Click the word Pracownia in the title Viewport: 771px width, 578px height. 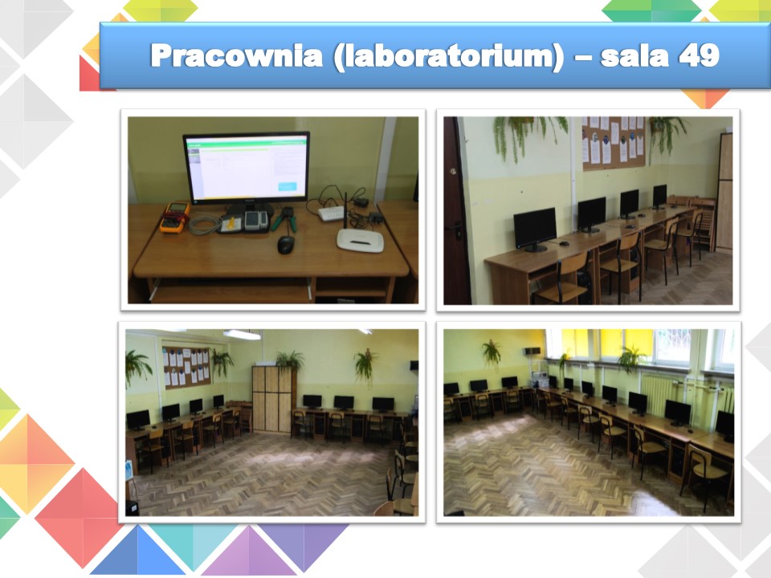click(236, 56)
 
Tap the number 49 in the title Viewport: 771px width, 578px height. click(700, 55)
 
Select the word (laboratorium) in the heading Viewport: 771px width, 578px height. click(449, 57)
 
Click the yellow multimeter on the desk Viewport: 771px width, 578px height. click(174, 217)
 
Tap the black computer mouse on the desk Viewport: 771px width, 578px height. click(286, 244)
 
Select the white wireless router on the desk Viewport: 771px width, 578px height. click(360, 240)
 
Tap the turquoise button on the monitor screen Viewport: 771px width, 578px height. click(288, 186)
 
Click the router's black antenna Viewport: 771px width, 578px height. click(345, 211)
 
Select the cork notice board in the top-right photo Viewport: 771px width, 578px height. click(613, 143)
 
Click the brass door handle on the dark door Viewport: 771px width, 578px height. click(452, 172)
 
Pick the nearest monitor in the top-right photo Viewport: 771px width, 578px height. click(535, 230)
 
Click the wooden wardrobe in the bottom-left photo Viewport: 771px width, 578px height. click(272, 399)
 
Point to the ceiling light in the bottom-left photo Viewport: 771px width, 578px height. click(242, 335)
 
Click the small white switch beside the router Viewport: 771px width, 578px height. click(330, 214)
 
